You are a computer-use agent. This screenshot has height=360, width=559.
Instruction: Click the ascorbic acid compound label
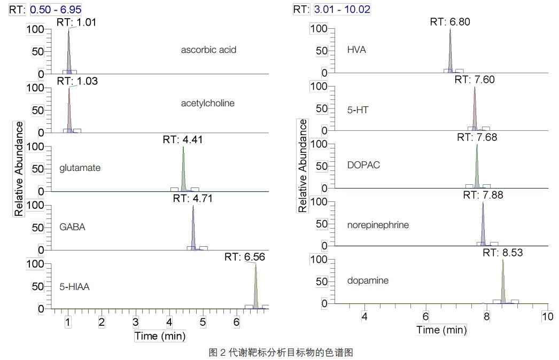pyautogui.click(x=208, y=50)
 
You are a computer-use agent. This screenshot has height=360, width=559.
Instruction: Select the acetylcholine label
pyautogui.click(x=207, y=103)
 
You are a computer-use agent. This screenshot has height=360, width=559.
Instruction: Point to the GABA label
pyautogui.click(x=72, y=227)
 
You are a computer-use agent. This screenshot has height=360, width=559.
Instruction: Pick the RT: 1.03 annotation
pyautogui.click(x=77, y=81)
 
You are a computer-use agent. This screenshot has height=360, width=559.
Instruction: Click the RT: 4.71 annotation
pyautogui.click(x=192, y=199)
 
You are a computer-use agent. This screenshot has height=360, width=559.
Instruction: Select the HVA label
pyautogui.click(x=356, y=50)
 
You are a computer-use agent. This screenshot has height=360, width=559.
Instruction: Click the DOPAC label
pyautogui.click(x=363, y=165)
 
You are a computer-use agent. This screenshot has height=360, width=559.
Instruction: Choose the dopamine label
pyautogui.click(x=368, y=280)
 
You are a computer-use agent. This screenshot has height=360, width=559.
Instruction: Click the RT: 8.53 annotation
pyautogui.click(x=502, y=253)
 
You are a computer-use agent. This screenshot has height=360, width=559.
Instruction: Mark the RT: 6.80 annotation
pyautogui.click(x=450, y=22)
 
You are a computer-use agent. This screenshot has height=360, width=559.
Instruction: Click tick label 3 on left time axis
pyautogui.click(x=136, y=323)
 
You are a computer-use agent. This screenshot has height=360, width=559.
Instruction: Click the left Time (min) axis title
pyautogui.click(x=160, y=336)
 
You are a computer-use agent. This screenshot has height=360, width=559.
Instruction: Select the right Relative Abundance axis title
pyautogui.click(x=302, y=166)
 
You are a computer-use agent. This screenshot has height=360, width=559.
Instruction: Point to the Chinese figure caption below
pyautogui.click(x=281, y=352)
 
